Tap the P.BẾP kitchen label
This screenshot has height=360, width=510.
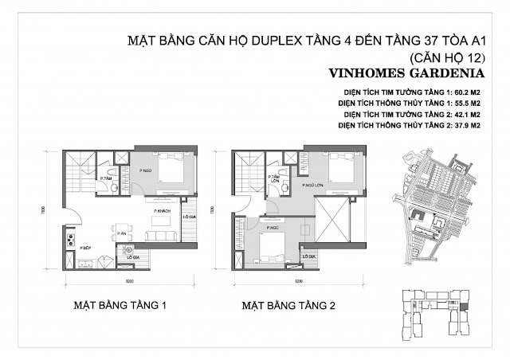(82, 248)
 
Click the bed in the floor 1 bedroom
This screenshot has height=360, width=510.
(169, 169)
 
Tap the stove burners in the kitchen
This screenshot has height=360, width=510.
(70, 237)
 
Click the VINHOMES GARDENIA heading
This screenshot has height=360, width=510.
(396, 73)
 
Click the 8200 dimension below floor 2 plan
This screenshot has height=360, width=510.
(296, 281)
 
